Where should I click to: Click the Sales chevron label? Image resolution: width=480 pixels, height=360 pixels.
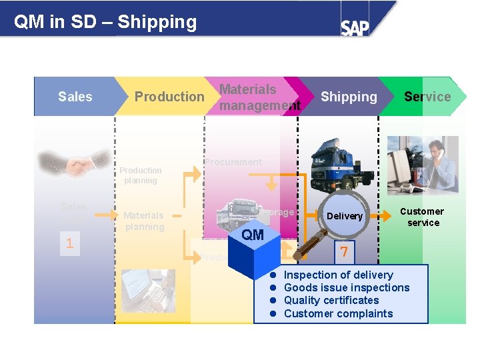[75, 97]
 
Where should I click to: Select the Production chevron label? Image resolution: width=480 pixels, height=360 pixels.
[169, 97]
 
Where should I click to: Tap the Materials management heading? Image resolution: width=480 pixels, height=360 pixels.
[259, 97]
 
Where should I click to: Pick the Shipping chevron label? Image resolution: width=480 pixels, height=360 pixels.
[349, 97]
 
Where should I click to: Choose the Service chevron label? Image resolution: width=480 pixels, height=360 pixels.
[427, 97]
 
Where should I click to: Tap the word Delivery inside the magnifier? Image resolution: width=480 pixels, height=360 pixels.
[345, 216]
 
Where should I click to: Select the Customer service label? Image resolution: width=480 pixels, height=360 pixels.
[423, 217]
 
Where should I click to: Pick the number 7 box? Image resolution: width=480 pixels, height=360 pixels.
[344, 252]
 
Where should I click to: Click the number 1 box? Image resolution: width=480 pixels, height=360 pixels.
[69, 243]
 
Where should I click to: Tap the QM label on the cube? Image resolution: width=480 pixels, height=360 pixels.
[253, 235]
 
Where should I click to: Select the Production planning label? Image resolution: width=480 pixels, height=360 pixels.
[140, 175]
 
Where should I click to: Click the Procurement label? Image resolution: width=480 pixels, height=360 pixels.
[233, 162]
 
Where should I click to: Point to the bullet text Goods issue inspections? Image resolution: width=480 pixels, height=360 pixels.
[347, 287]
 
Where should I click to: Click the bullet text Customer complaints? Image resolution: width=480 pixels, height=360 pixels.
[338, 313]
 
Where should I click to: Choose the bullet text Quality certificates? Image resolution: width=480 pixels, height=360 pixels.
[331, 300]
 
